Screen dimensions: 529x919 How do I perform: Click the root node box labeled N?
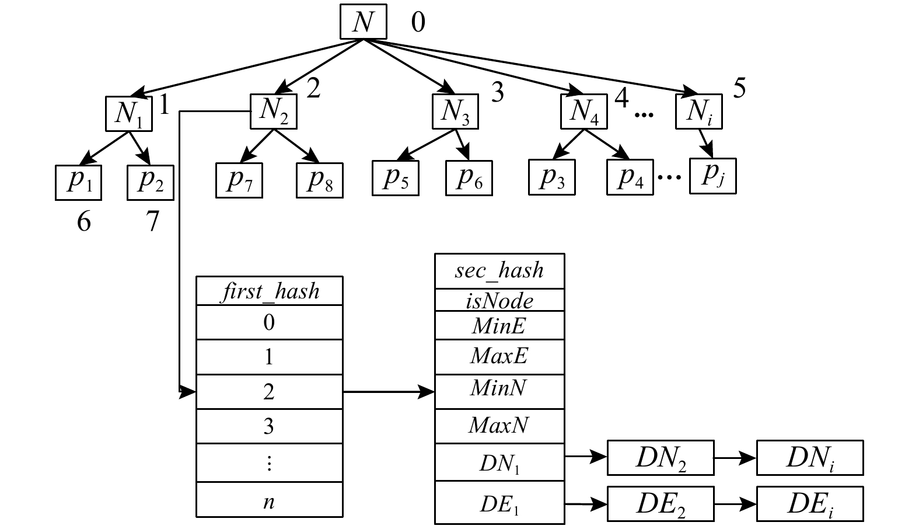tap(363, 23)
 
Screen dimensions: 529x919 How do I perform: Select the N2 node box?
tap(273, 111)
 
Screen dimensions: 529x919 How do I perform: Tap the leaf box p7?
tap(239, 180)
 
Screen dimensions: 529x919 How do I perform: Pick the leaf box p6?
tap(469, 178)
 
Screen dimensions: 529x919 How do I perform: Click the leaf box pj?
tap(712, 175)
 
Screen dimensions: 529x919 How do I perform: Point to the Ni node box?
tap(698, 111)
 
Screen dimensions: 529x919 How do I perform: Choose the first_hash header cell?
tap(269, 291)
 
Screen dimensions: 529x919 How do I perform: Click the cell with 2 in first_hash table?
tap(269, 392)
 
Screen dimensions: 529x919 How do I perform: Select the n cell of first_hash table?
tap(269, 500)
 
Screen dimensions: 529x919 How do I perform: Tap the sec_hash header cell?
tap(499, 270)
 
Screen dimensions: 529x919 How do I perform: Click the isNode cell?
tap(499, 300)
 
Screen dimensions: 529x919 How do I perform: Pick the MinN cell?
tap(499, 390)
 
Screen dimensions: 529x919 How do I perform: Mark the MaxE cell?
tap(499, 356)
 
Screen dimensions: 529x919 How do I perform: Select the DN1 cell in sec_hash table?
tap(499, 462)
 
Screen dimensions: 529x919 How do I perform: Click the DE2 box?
tap(660, 503)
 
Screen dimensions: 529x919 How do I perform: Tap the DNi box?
tap(809, 458)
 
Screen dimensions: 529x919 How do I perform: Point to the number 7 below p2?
tap(152, 221)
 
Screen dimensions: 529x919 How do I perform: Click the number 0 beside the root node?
tap(418, 23)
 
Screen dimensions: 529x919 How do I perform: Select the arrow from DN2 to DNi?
tap(735, 458)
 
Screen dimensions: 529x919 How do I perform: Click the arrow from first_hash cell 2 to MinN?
tap(389, 392)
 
